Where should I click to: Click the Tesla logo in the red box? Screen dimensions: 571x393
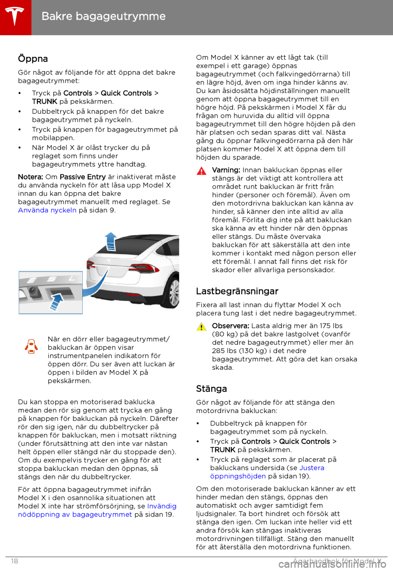coord(15,16)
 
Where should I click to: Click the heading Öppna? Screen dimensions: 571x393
coord(33,59)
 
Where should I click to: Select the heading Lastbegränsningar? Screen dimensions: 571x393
coord(237,291)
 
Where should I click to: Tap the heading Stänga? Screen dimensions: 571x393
coord(211,389)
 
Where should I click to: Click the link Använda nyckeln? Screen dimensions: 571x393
coord(47,210)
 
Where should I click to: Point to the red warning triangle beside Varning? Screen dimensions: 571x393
coord(201,171)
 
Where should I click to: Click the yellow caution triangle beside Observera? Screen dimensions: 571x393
coord(201,326)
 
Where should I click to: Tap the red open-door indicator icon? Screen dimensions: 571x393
coord(31,346)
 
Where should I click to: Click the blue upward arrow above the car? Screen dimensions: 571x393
coord(111,241)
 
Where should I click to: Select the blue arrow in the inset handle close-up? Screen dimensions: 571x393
coord(57,301)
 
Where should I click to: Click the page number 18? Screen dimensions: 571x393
coord(15,561)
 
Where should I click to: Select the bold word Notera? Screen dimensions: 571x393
coord(30,177)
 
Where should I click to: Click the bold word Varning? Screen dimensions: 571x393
coord(226,170)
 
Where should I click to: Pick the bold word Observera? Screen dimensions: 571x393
coord(230,326)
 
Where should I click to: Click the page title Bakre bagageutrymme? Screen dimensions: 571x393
coord(104,16)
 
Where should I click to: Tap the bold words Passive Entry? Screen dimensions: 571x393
coord(83,177)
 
